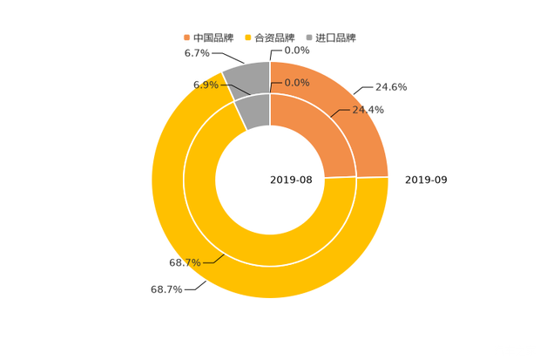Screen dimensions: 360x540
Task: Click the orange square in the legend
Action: coord(186,37)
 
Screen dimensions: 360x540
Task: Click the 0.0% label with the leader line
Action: coord(297,83)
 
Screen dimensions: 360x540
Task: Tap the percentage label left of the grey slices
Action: coord(205,85)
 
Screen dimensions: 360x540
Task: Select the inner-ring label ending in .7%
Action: coord(184,262)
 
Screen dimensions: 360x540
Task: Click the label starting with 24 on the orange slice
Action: coord(368,110)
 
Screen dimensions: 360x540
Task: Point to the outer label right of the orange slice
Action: coord(391,86)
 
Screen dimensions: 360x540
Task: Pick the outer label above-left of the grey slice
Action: coord(197,53)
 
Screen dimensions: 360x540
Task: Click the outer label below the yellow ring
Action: coord(165,290)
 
